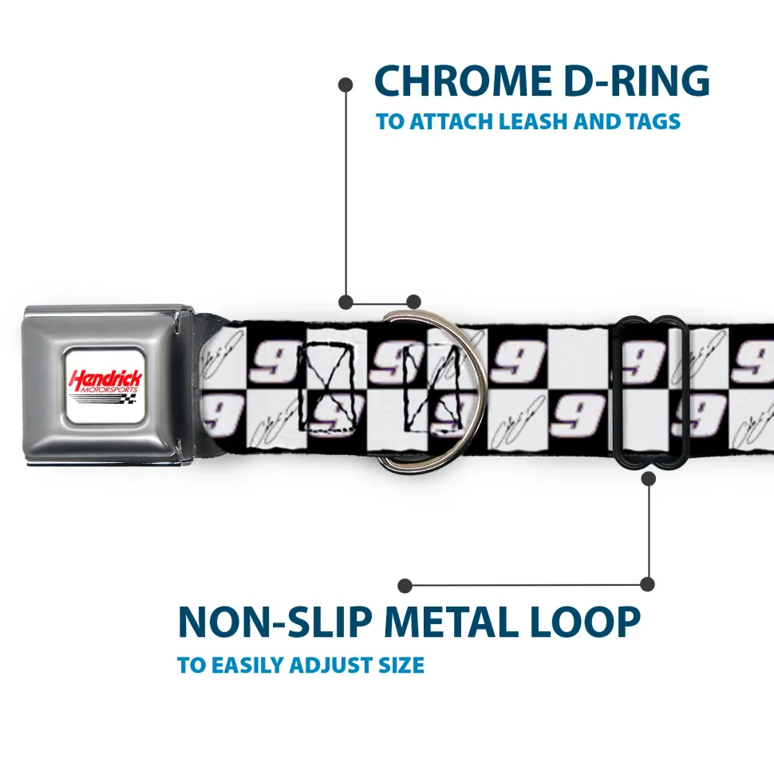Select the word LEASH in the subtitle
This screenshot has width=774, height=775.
click(x=546, y=122)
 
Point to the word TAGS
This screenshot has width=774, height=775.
click(x=651, y=122)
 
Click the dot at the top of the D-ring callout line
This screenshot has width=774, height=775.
click(x=346, y=84)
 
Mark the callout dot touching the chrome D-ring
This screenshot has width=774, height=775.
click(x=413, y=302)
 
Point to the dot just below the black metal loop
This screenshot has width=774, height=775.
click(x=648, y=479)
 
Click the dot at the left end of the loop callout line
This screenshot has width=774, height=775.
click(x=405, y=586)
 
